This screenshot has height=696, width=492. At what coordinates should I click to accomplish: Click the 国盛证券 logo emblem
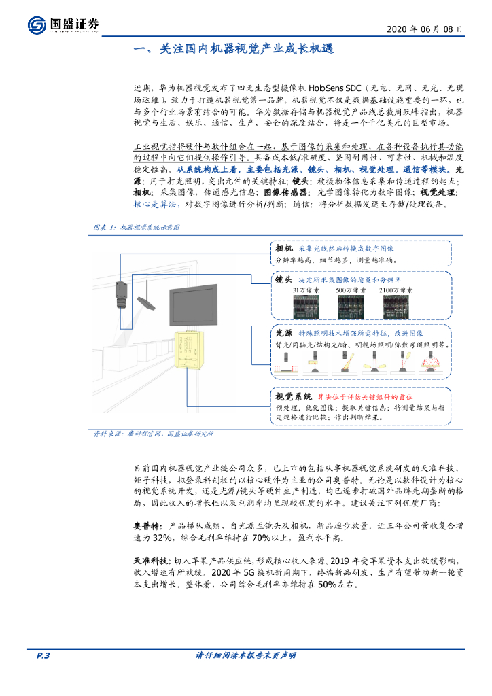tap(37, 25)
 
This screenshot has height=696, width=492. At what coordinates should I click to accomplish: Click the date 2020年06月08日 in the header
tap(426, 29)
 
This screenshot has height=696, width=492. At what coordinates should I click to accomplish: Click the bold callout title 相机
tap(283, 249)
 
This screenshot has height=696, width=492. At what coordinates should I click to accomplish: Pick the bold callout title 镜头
tap(283, 280)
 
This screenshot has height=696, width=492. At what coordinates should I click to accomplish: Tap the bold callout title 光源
tap(283, 334)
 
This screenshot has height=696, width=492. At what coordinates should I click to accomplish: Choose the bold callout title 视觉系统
tap(293, 396)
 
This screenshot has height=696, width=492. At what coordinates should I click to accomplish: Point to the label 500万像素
tap(351, 290)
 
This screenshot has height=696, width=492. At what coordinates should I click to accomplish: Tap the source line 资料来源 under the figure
tap(154, 434)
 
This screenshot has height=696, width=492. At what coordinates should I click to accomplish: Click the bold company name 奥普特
tap(147, 526)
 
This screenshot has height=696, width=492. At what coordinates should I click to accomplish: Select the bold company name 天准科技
tap(152, 561)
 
